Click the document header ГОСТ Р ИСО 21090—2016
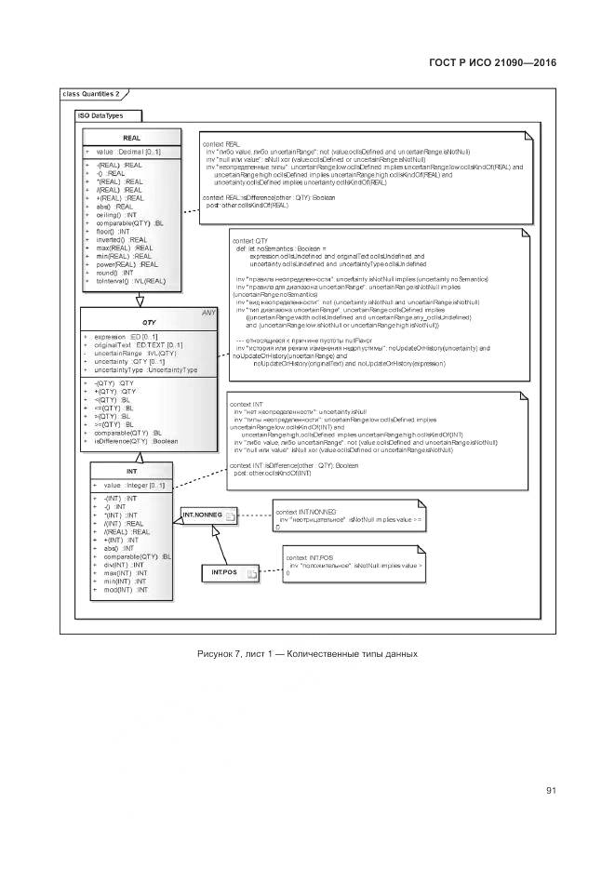492,62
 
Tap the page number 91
551,791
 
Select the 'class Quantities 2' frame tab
91,94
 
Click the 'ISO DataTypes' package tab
103,115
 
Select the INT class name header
132,472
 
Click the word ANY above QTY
207,313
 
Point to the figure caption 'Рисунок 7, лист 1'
308,654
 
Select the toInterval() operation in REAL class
130,280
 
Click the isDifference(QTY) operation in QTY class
136,441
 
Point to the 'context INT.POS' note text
311,556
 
